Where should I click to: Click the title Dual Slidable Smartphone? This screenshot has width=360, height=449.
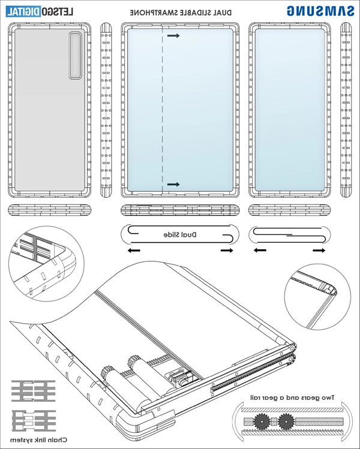[x=180, y=12]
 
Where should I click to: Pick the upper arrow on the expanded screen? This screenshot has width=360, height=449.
[x=173, y=36]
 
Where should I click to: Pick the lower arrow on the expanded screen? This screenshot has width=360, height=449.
[x=173, y=184]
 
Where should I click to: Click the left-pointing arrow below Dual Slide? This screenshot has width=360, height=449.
[x=135, y=249]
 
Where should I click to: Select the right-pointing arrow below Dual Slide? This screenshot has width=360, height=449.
[x=227, y=249]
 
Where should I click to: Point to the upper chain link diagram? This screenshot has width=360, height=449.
[x=34, y=389]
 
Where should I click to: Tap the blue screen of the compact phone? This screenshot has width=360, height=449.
[x=290, y=111]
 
